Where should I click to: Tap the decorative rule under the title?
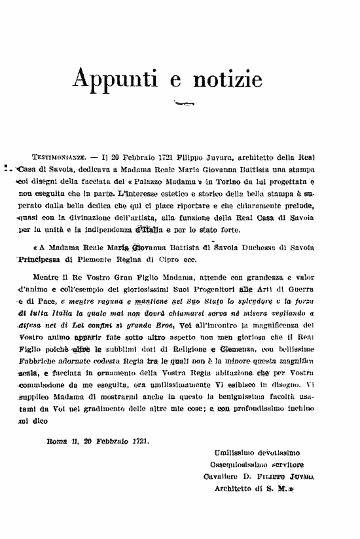tap(183, 103)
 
